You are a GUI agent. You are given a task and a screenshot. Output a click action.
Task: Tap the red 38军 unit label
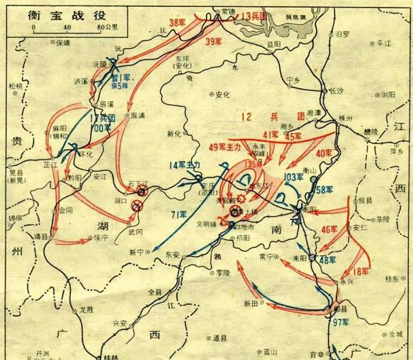(178, 23)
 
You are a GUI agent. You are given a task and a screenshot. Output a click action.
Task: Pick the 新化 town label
(176, 132)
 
